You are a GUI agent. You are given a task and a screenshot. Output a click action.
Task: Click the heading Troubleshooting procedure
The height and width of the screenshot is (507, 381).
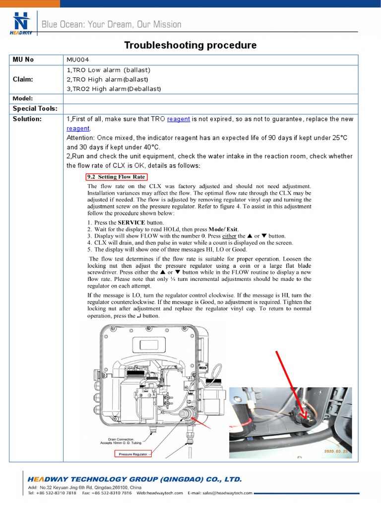(190, 46)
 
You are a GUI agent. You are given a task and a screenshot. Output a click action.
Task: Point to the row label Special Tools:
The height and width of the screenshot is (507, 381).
(35, 108)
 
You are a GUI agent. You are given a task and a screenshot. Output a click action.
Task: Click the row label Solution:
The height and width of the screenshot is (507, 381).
(27, 119)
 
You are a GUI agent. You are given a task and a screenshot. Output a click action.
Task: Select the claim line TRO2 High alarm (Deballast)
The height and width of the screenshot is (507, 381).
(114, 89)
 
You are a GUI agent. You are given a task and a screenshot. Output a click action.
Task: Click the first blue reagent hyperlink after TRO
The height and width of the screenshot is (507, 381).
(178, 119)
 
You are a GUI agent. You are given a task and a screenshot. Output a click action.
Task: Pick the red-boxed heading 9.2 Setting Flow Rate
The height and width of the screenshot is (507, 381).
(116, 177)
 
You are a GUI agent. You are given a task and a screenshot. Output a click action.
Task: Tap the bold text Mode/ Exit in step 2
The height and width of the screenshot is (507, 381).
(223, 229)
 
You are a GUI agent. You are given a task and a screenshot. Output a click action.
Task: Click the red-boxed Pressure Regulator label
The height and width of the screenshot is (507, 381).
(132, 454)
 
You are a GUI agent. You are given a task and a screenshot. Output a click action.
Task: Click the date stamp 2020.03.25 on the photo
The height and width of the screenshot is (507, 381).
(336, 452)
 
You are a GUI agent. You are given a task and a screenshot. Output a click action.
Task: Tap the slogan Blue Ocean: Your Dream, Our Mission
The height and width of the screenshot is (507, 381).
(112, 24)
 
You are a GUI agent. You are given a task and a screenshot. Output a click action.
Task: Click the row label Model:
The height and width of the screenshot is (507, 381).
(22, 99)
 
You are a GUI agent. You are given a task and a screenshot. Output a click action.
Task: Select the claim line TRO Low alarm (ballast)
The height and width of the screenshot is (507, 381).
(108, 70)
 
